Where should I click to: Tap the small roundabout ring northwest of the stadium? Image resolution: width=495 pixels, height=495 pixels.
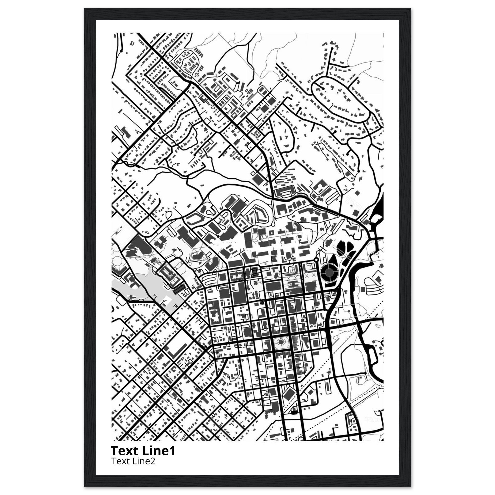point(316,260)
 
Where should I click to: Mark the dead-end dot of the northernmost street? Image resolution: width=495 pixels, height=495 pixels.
point(332,48)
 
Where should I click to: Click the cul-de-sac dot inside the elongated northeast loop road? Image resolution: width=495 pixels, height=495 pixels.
point(324,88)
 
